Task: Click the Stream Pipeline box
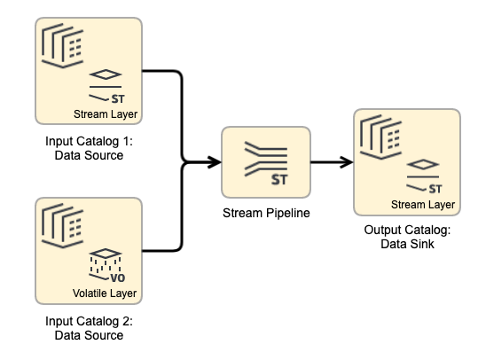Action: tap(265, 161)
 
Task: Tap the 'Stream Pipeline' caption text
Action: tap(265, 213)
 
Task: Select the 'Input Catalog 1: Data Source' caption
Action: tap(84, 148)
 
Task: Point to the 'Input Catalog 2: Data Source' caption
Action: tap(84, 329)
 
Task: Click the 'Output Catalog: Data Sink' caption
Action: tap(407, 237)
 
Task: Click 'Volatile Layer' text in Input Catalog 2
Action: tap(106, 293)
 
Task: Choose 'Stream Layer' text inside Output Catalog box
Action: tap(422, 205)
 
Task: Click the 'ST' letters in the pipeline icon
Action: tap(278, 180)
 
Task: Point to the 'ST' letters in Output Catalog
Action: tap(435, 188)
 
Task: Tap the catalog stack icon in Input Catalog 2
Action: tap(62, 223)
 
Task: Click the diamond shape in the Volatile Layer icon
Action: tap(106, 254)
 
